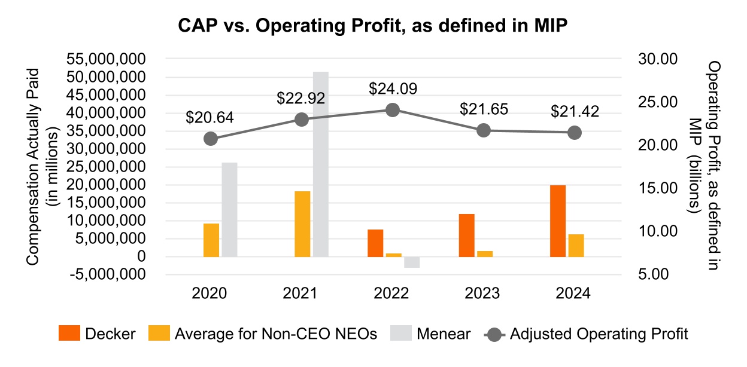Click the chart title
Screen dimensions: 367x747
click(373, 26)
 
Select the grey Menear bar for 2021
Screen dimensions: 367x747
click(321, 164)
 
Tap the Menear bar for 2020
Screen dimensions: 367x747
click(230, 209)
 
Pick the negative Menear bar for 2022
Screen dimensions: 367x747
click(412, 262)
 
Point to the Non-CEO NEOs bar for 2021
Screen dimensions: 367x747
click(303, 224)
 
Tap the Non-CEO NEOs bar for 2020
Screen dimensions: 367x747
click(211, 240)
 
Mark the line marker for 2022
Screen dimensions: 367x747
click(393, 110)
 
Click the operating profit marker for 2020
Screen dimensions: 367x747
click(211, 139)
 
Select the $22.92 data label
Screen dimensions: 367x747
click(300, 99)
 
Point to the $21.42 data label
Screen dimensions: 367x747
click(575, 112)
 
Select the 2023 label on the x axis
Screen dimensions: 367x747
click(482, 293)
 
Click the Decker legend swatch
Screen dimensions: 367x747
click(69, 334)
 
